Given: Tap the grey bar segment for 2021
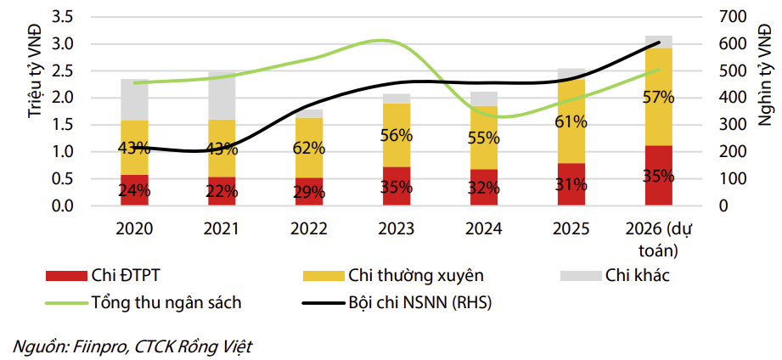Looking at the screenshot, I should (222, 95).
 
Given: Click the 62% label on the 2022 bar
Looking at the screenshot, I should (308, 148).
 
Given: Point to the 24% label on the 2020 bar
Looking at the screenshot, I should (134, 191).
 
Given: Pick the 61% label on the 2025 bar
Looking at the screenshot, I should (571, 121).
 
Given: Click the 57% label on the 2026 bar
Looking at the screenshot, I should (658, 97).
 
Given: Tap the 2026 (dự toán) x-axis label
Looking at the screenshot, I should (658, 239).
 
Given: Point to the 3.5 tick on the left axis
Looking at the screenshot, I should (87, 16).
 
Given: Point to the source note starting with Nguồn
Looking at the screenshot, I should (132, 346).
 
